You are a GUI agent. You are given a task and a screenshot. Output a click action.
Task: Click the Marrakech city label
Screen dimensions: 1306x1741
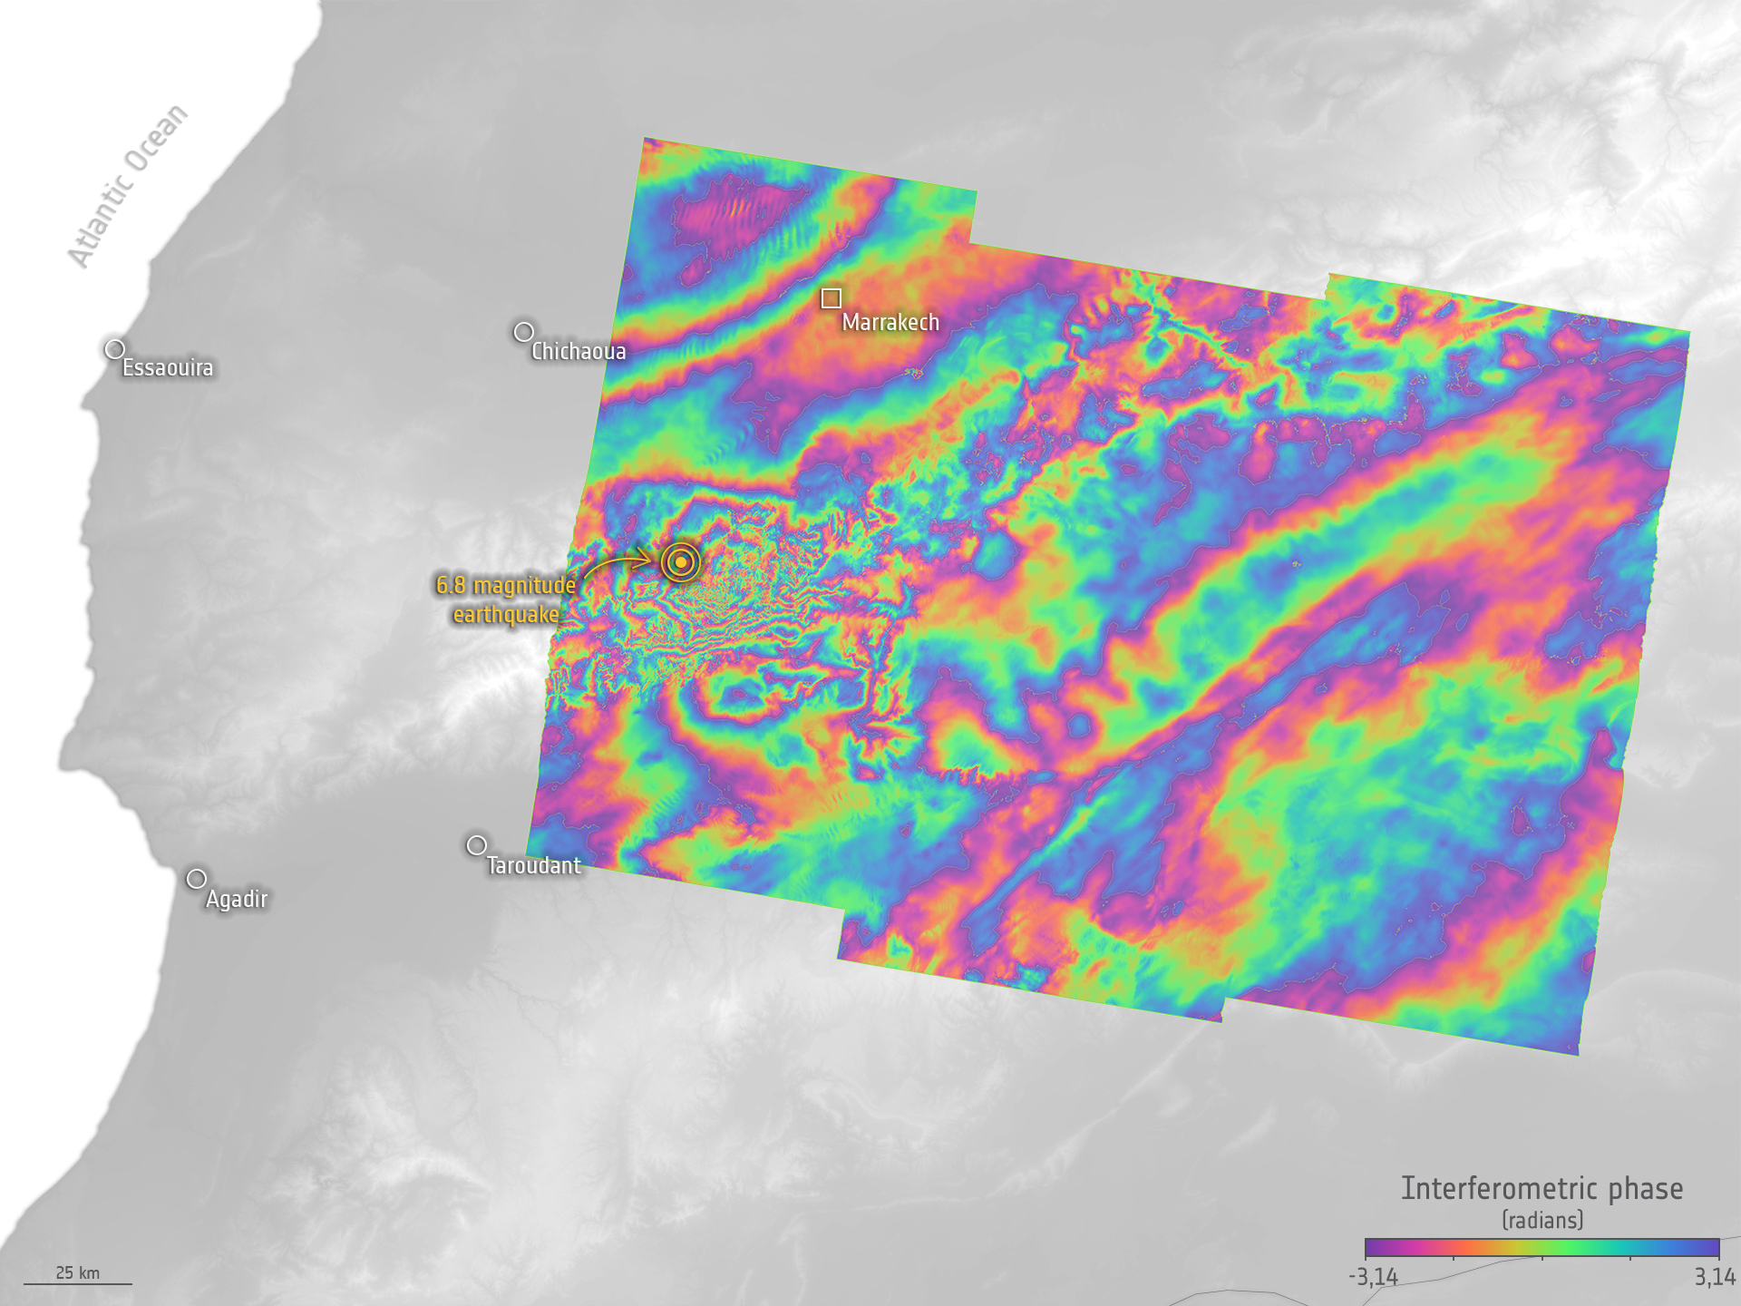click(890, 322)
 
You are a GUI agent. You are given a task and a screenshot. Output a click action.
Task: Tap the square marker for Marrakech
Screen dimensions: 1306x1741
click(832, 298)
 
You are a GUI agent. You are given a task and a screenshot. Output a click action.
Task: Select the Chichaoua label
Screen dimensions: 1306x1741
click(579, 351)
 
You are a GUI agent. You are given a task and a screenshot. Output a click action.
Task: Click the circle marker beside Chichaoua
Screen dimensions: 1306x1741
click(523, 332)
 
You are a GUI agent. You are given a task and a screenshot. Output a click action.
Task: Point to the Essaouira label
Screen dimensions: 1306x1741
click(168, 367)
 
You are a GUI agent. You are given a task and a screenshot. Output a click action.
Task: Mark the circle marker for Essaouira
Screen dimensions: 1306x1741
click(115, 349)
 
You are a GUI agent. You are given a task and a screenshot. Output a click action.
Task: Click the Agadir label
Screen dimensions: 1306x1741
click(237, 899)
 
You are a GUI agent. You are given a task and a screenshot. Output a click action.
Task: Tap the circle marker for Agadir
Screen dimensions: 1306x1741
click(197, 879)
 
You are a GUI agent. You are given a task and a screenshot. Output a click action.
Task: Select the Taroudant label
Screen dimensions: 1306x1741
click(533, 865)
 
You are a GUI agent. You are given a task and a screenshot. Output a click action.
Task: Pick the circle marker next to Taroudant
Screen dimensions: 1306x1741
click(476, 845)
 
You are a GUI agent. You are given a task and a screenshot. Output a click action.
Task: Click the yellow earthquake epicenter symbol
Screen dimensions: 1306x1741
click(681, 562)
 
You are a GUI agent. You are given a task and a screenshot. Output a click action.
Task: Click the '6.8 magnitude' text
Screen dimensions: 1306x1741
click(506, 585)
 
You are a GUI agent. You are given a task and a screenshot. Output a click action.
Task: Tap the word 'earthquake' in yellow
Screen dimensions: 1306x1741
click(506, 615)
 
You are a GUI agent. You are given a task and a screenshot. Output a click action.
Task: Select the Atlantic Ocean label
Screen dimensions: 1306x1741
click(128, 186)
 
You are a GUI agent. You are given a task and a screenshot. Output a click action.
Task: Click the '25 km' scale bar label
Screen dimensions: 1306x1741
click(78, 1272)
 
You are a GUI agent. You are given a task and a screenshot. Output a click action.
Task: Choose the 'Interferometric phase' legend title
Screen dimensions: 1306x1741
click(1542, 1188)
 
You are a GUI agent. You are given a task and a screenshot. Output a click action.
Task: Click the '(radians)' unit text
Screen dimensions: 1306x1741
click(1542, 1220)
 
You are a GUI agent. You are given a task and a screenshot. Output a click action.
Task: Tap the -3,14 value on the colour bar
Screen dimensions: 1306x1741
click(1373, 1277)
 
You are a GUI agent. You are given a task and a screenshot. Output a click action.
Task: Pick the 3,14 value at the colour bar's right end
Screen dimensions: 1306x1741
click(1714, 1277)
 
